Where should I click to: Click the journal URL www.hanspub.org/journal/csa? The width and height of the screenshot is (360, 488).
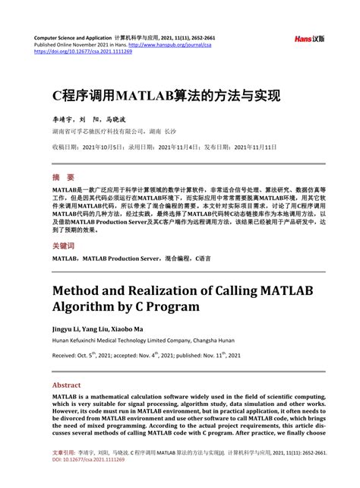coord(171,45)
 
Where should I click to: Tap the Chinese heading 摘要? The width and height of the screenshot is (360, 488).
coord(65,176)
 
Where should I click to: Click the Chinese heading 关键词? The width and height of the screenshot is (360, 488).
coord(64,246)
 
